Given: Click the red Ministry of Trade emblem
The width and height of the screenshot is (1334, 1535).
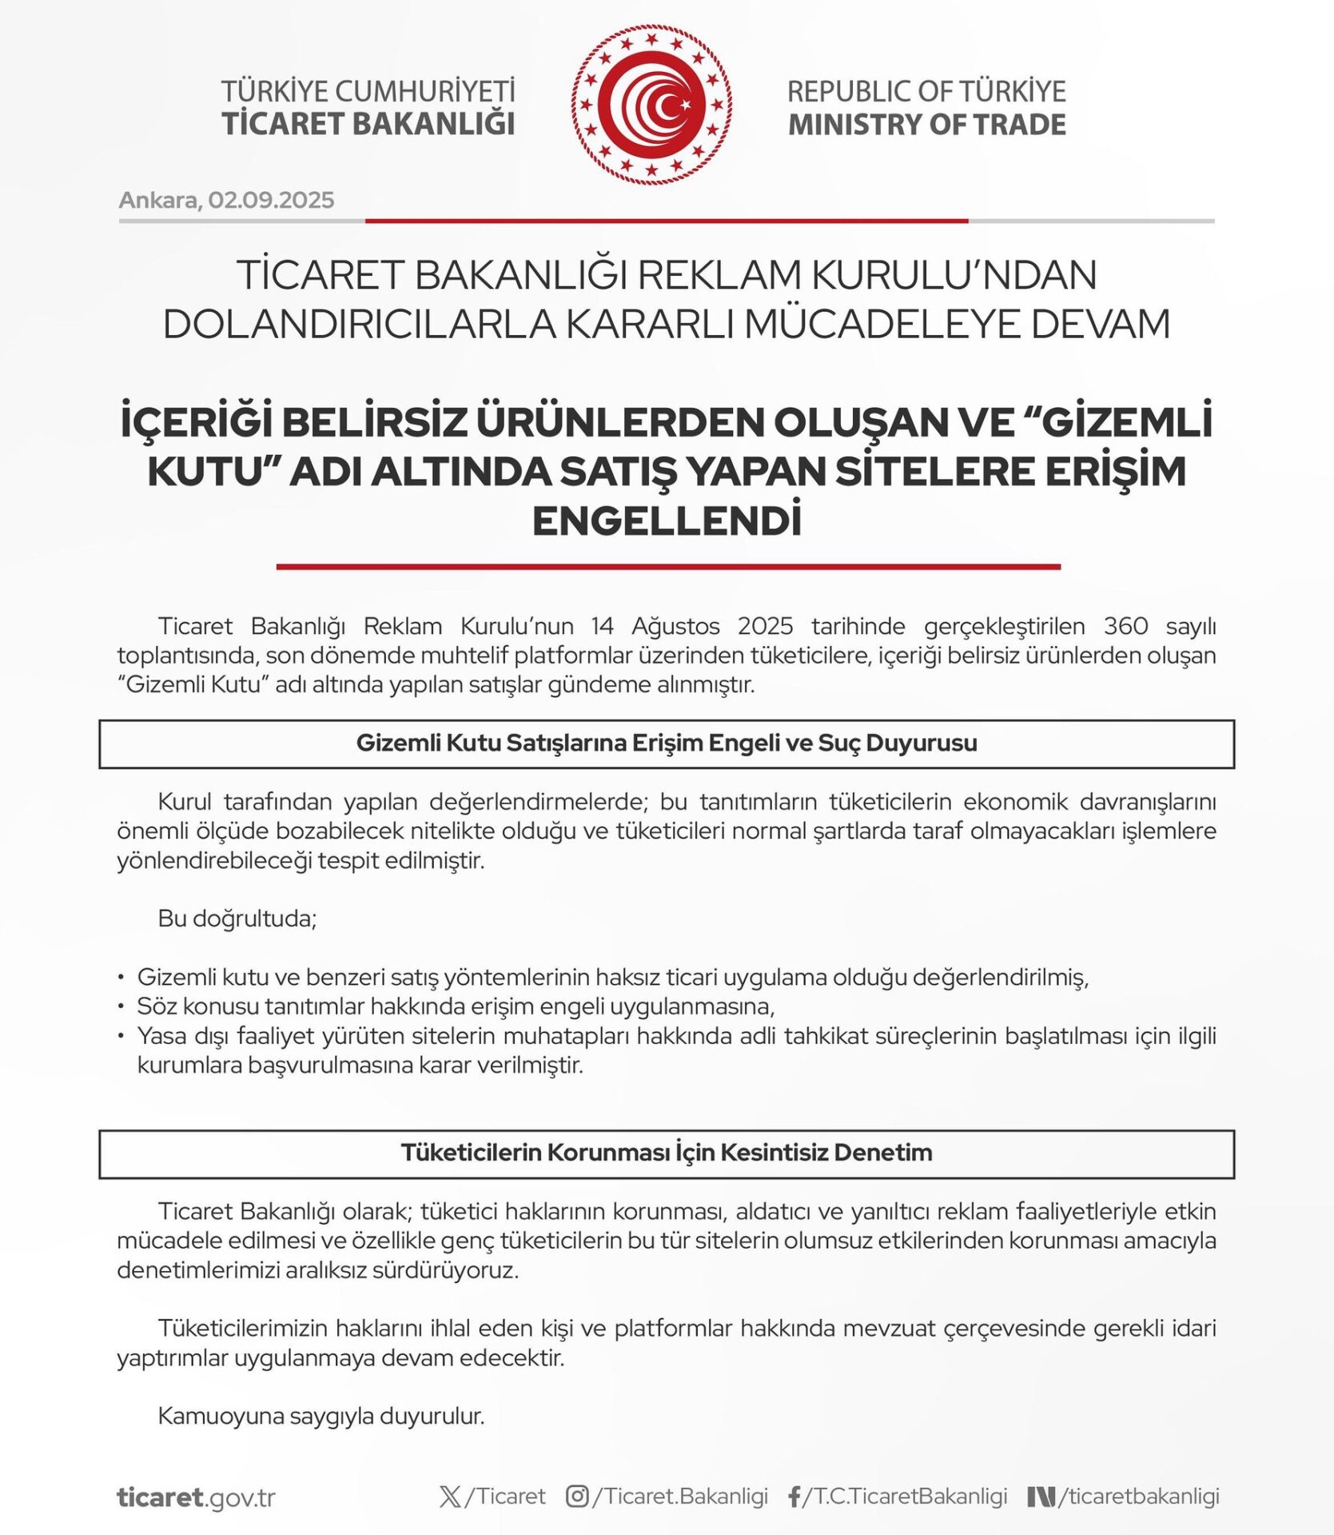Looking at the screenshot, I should pos(651,105).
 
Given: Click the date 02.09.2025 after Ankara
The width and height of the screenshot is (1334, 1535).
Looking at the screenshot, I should pos(271,200).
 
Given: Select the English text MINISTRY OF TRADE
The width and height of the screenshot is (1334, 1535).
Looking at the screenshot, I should pos(926,126).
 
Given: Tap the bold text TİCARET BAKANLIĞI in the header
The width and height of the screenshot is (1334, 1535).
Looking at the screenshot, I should pos(368,125).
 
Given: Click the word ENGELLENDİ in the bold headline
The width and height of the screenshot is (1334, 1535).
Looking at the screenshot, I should pos(667,521).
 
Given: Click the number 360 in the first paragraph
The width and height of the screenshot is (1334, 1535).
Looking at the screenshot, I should pos(1125,626).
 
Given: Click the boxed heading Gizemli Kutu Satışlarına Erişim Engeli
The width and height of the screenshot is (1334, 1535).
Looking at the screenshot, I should pos(667,744).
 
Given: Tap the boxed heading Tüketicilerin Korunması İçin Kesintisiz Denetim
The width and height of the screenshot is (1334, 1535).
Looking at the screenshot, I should pos(667,1153).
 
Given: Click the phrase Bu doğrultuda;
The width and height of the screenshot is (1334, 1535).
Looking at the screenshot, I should pos(237,919).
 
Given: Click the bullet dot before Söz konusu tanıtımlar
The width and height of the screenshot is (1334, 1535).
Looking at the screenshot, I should pos(121,1007).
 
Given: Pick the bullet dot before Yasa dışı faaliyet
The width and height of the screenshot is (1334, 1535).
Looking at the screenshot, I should pos(121,1036).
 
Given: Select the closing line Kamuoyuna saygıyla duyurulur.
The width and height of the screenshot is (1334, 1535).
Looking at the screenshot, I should pos(321,1416).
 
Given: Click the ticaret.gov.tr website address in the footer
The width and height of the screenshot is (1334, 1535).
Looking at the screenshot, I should pos(196,1497).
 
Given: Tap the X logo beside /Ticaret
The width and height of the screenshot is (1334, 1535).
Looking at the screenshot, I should pos(450,1497).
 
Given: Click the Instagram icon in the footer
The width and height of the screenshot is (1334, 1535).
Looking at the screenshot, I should pos(577,1496).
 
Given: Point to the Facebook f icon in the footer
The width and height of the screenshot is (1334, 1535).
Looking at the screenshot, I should pos(794,1497).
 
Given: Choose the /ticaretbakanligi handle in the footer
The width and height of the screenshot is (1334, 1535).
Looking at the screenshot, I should pos(1139,1497).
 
